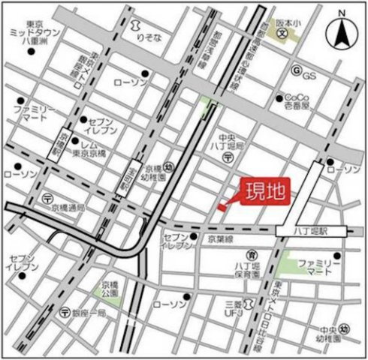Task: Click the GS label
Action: [x=308, y=76]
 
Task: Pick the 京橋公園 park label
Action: [x=110, y=289]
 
